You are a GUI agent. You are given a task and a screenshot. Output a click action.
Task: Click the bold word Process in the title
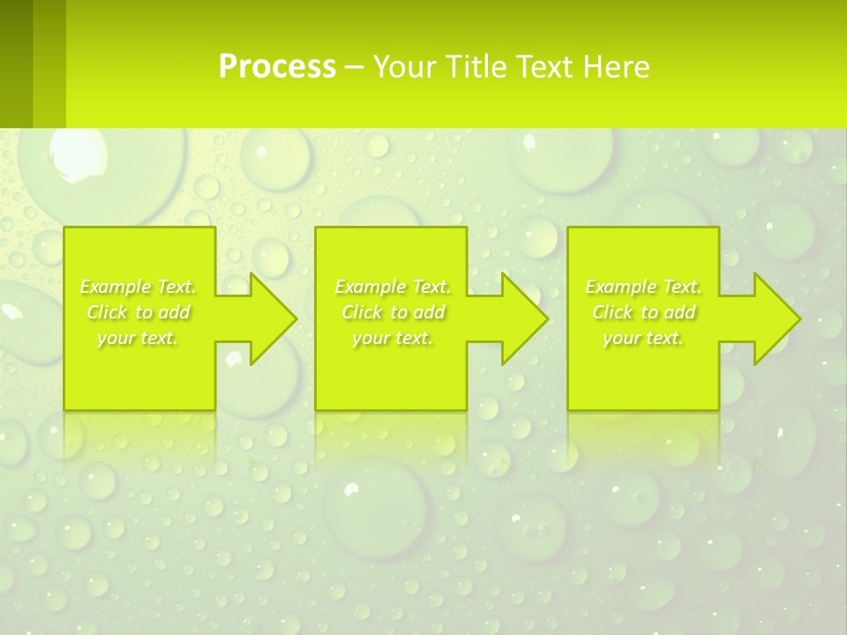click(277, 67)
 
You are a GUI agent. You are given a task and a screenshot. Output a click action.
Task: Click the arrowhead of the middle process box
click(526, 318)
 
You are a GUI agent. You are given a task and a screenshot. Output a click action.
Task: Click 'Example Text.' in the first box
click(138, 287)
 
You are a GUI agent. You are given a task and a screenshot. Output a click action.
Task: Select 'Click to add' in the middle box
click(393, 312)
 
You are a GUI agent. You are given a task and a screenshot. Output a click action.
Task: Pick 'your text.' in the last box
click(643, 338)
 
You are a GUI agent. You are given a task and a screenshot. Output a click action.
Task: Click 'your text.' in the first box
click(138, 338)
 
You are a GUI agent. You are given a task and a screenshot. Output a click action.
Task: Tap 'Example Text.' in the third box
click(643, 287)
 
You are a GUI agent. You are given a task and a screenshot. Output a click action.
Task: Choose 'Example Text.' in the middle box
click(393, 287)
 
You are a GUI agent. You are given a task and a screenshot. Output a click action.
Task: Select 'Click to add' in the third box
click(643, 312)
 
